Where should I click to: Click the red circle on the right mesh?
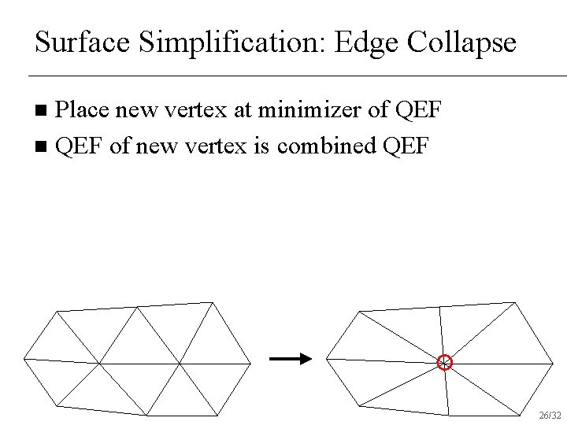click(x=445, y=362)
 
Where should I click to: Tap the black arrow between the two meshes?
click(x=290, y=359)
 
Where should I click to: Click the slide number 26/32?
click(x=549, y=415)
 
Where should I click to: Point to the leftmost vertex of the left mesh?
click(x=24, y=358)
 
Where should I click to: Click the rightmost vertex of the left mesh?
click(x=250, y=364)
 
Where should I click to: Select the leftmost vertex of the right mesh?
click(x=327, y=358)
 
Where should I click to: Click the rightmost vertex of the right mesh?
click(x=553, y=364)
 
